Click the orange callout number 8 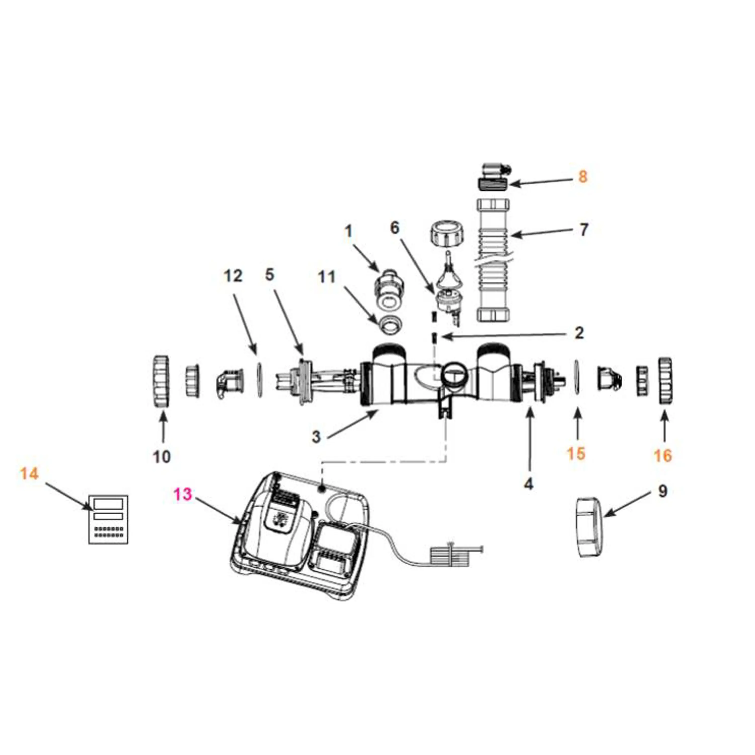click(582, 177)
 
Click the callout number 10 click(161, 457)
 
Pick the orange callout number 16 click(663, 455)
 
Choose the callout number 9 click(663, 491)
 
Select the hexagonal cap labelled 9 click(590, 527)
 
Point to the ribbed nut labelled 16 click(665, 380)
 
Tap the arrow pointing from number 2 click(508, 335)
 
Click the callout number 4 click(528, 484)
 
